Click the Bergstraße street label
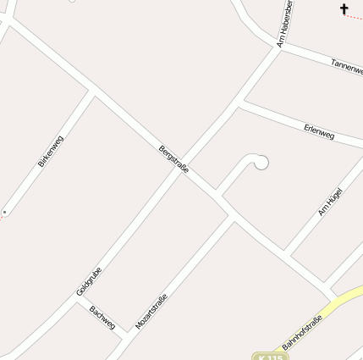173,160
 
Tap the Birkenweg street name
51,150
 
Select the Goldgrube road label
89,281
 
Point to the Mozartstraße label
151,311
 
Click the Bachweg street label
102,318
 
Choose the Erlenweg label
319,131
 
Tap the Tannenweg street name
347,66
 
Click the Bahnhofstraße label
302,332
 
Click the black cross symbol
344,9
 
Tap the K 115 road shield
271,357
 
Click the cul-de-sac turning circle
261,162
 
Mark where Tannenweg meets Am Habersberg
279,47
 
